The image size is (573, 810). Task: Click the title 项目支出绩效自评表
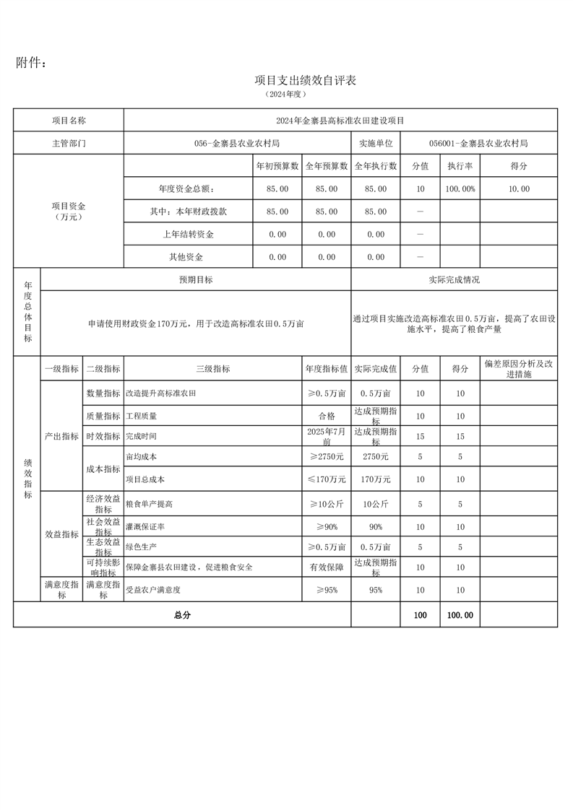click(305, 80)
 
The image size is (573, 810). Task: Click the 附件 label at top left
click(31, 64)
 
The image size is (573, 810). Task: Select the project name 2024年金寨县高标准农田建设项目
click(340, 121)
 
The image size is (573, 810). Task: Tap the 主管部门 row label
click(69, 143)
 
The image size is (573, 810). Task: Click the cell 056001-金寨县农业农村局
click(478, 143)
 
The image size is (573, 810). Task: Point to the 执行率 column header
click(460, 166)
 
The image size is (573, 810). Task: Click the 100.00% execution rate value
click(460, 189)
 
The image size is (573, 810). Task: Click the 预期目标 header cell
click(196, 280)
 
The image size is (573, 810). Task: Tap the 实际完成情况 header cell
click(454, 280)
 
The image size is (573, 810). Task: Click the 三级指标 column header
click(212, 369)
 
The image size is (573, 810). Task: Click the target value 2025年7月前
click(327, 436)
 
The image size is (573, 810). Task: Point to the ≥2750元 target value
click(327, 457)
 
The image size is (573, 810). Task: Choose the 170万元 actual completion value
click(376, 479)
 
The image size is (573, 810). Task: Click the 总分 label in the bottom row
click(182, 615)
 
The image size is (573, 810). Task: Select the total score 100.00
click(460, 615)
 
